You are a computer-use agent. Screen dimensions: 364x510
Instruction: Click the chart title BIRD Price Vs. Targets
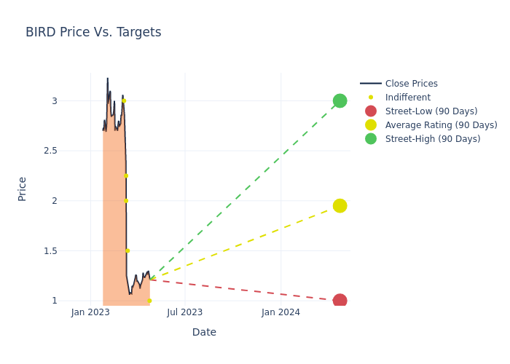pyautogui.click(x=93, y=33)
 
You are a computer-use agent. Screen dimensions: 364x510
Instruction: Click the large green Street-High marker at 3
pyautogui.click(x=340, y=100)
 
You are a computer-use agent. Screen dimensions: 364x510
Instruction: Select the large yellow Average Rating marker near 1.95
pyautogui.click(x=340, y=206)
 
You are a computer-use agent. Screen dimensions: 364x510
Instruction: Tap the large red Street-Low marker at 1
pyautogui.click(x=340, y=301)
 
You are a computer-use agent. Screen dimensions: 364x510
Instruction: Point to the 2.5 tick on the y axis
pyautogui.click(x=47, y=151)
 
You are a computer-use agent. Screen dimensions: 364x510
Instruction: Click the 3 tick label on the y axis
pyautogui.click(x=54, y=100)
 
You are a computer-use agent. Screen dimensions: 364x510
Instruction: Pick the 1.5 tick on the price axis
pyautogui.click(x=47, y=250)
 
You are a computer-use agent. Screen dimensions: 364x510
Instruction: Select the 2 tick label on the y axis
pyautogui.click(x=54, y=201)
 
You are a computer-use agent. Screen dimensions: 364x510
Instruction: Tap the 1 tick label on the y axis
pyautogui.click(x=54, y=301)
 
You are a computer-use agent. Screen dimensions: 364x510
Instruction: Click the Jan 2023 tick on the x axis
pyautogui.click(x=90, y=313)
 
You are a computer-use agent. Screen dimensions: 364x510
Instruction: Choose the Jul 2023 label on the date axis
pyautogui.click(x=185, y=313)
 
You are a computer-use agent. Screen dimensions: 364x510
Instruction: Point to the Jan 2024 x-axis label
pyautogui.click(x=280, y=313)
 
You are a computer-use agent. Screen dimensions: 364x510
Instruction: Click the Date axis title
pyautogui.click(x=204, y=332)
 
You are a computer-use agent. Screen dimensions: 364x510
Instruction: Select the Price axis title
pyautogui.click(x=22, y=189)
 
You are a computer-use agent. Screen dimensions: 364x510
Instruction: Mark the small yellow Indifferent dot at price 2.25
pyautogui.click(x=125, y=175)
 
